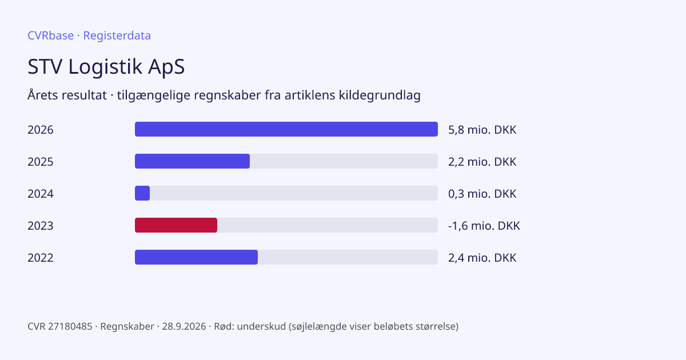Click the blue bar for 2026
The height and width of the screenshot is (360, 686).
click(286, 129)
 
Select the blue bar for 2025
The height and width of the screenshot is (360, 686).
click(192, 161)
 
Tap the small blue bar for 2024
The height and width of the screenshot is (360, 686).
click(142, 193)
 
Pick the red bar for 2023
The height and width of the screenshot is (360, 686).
click(176, 225)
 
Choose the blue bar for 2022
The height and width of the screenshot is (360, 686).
click(196, 257)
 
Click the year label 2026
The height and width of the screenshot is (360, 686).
click(41, 130)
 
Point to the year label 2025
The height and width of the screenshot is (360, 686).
click(41, 162)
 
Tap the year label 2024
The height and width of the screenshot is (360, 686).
click(41, 194)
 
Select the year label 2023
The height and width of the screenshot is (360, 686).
click(41, 226)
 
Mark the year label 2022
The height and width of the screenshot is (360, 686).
click(41, 258)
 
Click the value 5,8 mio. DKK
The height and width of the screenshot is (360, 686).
click(482, 130)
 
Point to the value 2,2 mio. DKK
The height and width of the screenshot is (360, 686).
click(482, 162)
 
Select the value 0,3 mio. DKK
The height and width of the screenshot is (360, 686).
click(482, 194)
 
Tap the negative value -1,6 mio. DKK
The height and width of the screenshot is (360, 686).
click(484, 226)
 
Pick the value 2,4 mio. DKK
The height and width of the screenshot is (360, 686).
click(482, 258)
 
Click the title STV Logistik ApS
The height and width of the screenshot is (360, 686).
click(106, 67)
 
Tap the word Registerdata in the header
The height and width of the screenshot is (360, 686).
click(117, 35)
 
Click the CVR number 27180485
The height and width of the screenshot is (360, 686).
click(70, 326)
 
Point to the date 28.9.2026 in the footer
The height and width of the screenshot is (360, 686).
click(184, 326)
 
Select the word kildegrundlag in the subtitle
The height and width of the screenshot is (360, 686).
click(380, 95)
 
